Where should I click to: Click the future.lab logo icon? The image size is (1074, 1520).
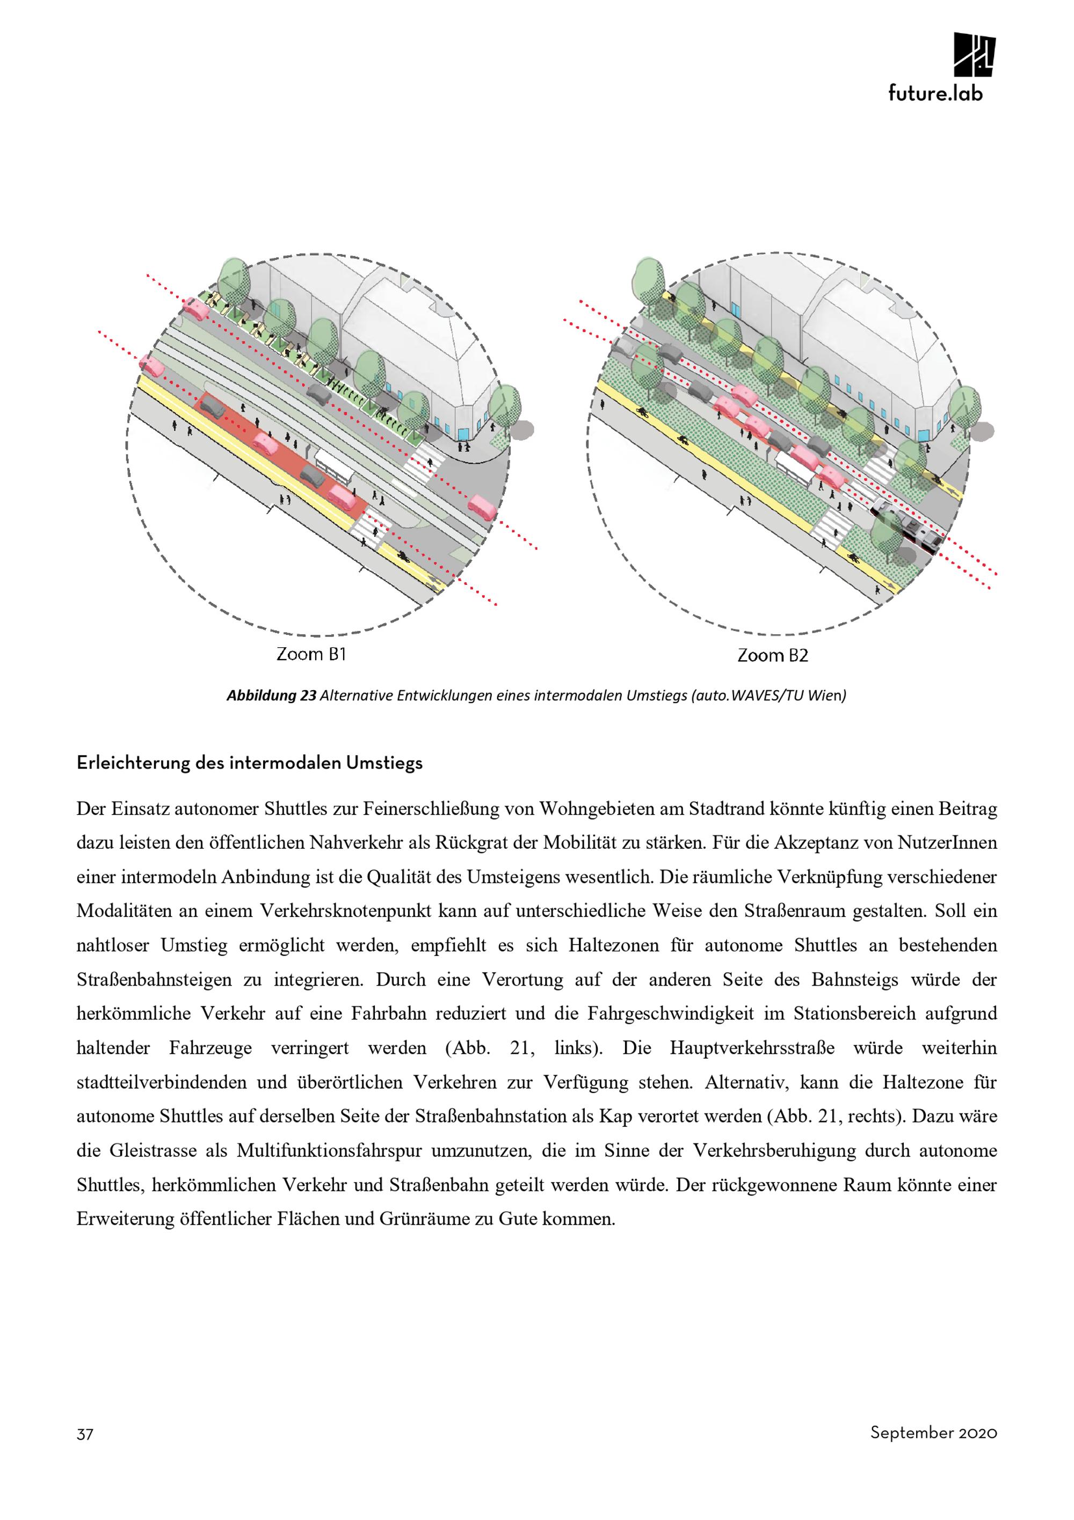pyautogui.click(x=974, y=54)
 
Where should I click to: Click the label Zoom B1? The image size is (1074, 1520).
pyautogui.click(x=311, y=655)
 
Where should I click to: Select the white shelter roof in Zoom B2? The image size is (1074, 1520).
pyautogui.click(x=796, y=467)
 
